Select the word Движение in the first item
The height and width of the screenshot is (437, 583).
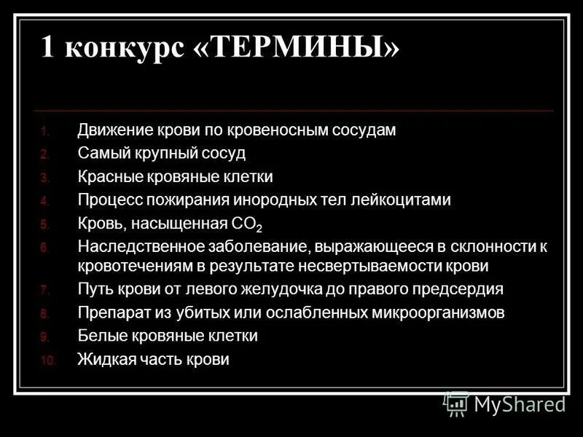[114, 131]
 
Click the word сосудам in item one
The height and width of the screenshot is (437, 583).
[362, 131]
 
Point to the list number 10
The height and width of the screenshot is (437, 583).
[47, 361]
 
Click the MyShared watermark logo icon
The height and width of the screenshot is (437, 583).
[456, 403]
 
